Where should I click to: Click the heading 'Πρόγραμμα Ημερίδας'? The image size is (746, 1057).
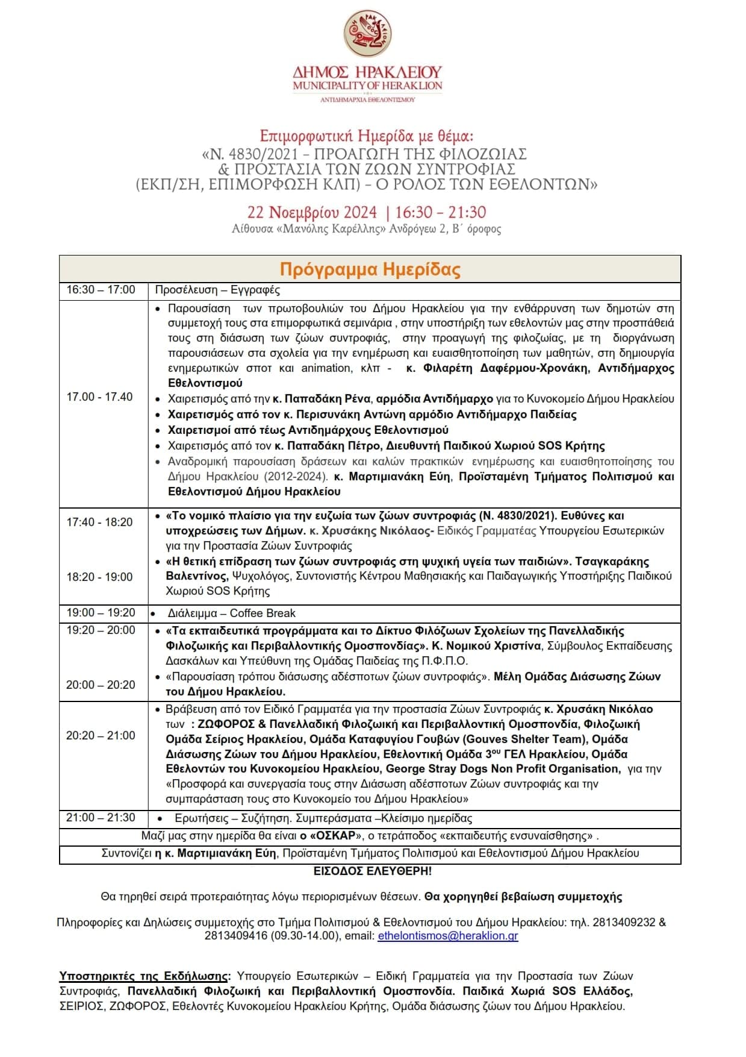point(370,269)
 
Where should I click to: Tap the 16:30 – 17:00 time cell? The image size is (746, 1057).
point(101,290)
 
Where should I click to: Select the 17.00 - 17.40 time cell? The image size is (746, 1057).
point(100,397)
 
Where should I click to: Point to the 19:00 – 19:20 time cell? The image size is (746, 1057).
point(101,613)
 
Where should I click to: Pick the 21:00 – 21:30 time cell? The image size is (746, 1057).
point(101,818)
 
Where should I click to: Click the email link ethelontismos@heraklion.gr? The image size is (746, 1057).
point(448,936)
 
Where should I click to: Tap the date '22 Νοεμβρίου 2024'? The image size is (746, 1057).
point(312,212)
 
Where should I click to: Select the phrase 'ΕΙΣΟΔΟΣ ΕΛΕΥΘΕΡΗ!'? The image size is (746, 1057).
point(373,871)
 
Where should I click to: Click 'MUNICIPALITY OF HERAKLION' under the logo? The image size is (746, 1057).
point(368,86)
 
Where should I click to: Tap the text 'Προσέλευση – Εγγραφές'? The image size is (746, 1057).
point(217,290)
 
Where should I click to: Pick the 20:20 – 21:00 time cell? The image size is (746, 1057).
point(101,735)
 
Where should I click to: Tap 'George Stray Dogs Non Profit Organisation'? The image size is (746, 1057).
point(502,769)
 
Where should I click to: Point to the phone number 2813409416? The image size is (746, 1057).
point(233,936)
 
